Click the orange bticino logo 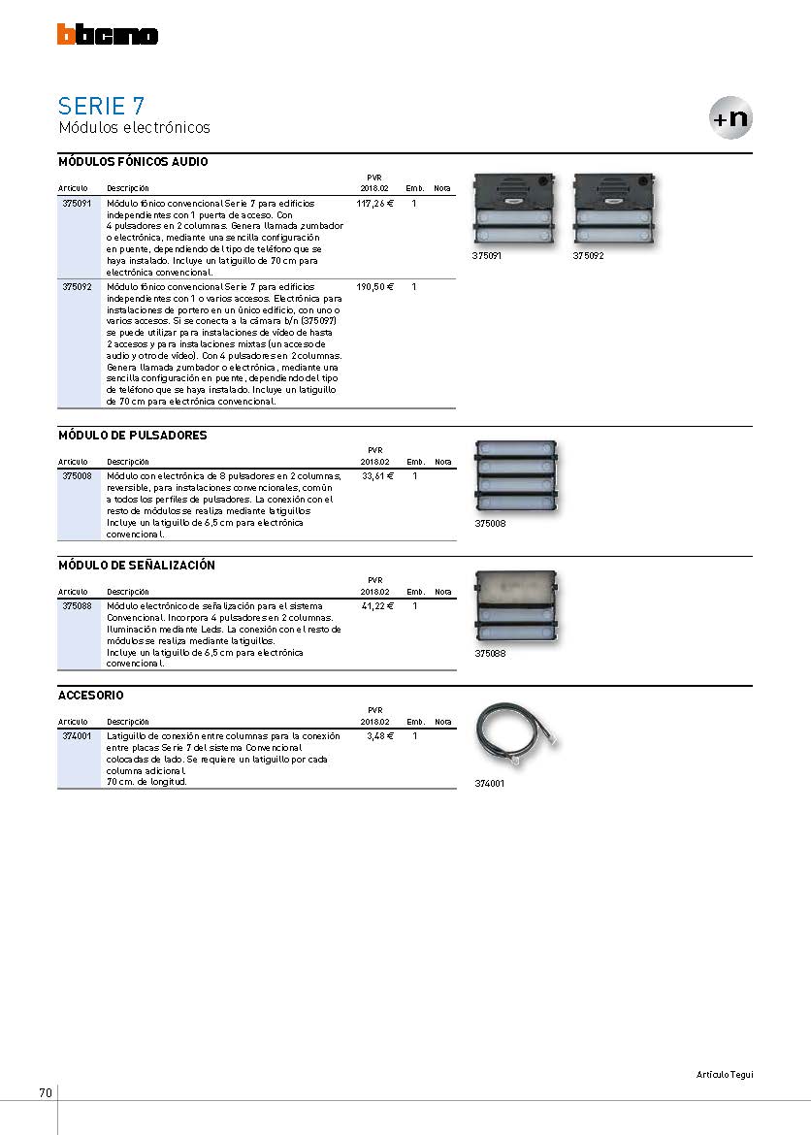[x=107, y=34]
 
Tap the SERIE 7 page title [x=101, y=107]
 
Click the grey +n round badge [x=730, y=118]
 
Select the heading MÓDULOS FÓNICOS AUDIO [x=133, y=162]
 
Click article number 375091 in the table [x=77, y=204]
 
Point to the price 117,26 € [x=375, y=204]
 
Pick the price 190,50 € [x=375, y=286]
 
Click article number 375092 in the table [x=77, y=286]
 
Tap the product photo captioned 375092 [x=615, y=211]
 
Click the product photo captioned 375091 [x=514, y=211]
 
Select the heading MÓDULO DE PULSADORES [x=133, y=435]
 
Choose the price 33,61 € [x=378, y=476]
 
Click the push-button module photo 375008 [x=516, y=477]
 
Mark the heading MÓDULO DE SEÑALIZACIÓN [x=137, y=565]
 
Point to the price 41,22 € [x=378, y=606]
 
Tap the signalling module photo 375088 [x=516, y=607]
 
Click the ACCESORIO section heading [x=90, y=695]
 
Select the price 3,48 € [x=380, y=736]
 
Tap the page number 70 [x=46, y=1093]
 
